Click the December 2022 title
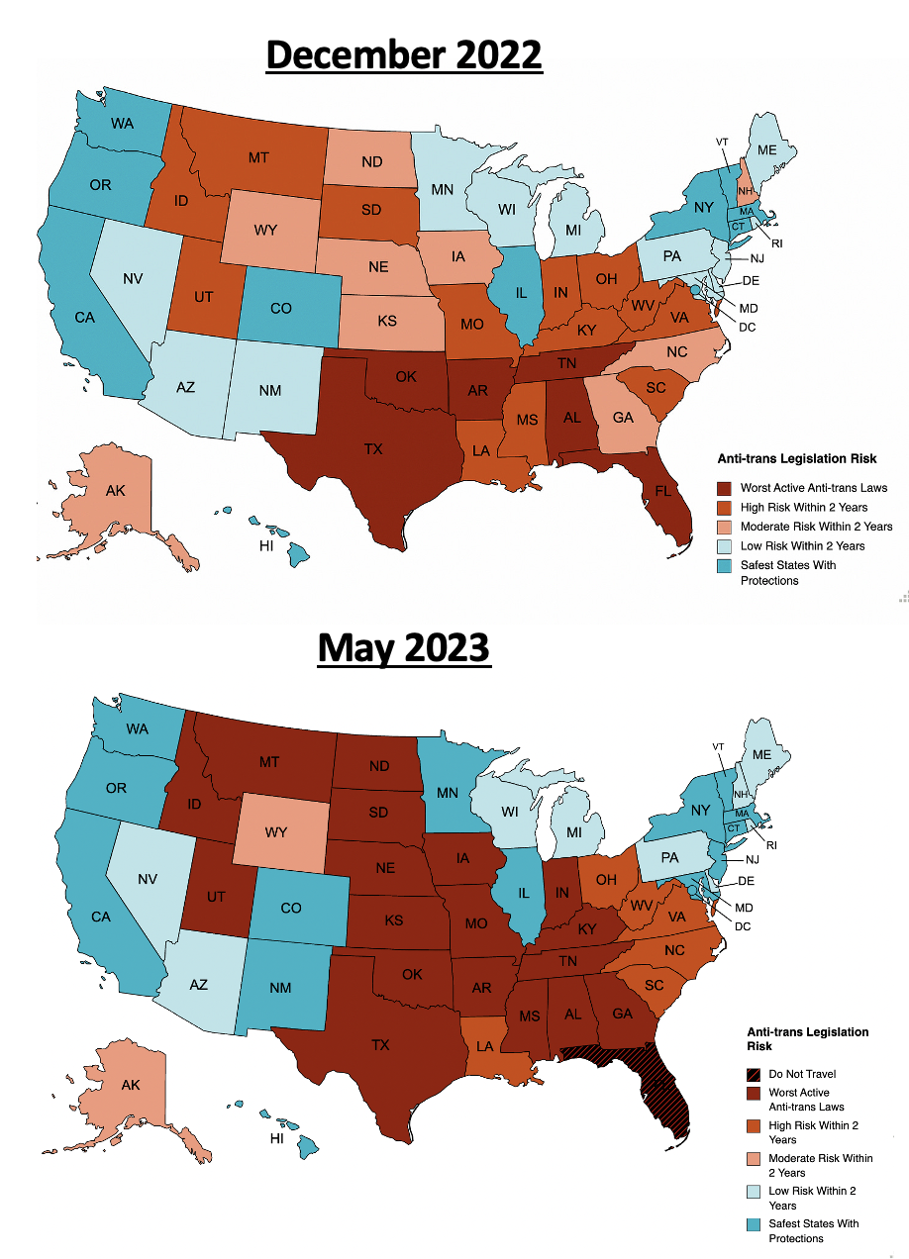[404, 54]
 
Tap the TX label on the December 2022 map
[372, 448]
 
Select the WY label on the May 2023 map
[275, 832]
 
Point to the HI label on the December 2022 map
[265, 546]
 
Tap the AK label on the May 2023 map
[130, 1085]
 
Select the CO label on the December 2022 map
[280, 308]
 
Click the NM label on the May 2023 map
[280, 985]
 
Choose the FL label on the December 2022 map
[655, 490]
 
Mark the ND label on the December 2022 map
[373, 160]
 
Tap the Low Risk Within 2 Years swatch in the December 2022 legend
[725, 545]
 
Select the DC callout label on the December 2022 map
[748, 326]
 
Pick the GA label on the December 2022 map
[622, 417]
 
